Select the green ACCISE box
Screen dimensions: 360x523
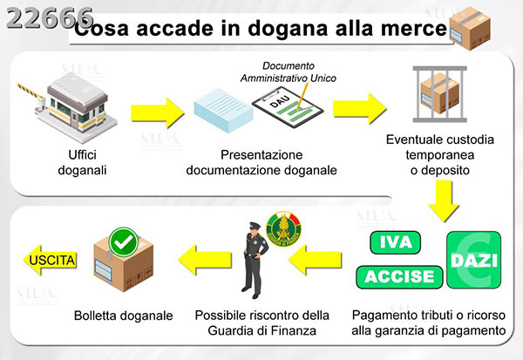coord(396,276)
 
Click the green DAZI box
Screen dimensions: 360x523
coord(472,259)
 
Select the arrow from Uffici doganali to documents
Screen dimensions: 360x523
coord(157,112)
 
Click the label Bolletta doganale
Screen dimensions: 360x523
coord(123,316)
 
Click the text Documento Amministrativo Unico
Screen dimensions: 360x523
coord(289,71)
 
